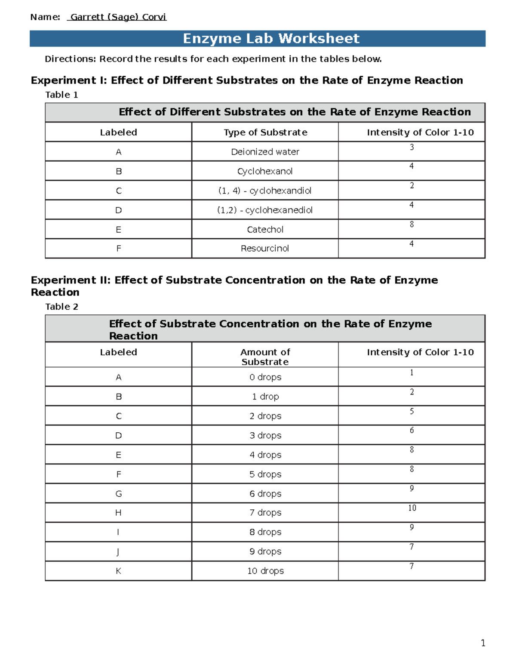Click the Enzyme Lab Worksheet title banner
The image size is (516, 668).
point(271,39)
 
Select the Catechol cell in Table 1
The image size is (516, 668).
point(265,230)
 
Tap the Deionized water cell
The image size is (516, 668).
point(265,152)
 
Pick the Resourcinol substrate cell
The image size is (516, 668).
point(265,249)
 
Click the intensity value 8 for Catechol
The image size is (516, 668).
point(412,225)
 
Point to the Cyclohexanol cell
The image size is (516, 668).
point(265,171)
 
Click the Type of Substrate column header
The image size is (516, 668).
point(265,132)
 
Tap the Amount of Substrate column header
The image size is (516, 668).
point(265,357)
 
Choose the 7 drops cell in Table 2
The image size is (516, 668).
point(265,513)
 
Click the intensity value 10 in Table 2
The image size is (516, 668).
point(412,508)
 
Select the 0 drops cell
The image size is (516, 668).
point(265,377)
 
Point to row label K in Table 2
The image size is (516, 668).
point(118,571)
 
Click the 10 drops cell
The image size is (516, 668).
point(265,571)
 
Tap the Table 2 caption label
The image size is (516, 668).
point(62,307)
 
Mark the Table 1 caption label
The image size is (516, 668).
point(62,95)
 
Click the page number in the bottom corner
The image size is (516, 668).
point(483,643)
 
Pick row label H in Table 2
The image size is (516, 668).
point(118,513)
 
